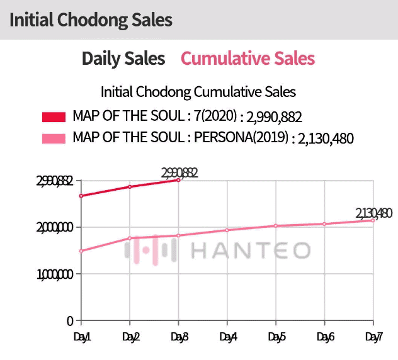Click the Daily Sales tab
(123, 59)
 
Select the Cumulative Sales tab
(247, 59)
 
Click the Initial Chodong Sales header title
(91, 20)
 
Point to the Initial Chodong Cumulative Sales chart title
(198, 92)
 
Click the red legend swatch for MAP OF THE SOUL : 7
(54, 117)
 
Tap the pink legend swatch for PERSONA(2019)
(54, 138)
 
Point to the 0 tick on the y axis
(70, 321)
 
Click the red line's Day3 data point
(178, 180)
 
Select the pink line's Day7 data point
(373, 220)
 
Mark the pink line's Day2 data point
(130, 238)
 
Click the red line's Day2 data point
(130, 187)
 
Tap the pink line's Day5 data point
(275, 226)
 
